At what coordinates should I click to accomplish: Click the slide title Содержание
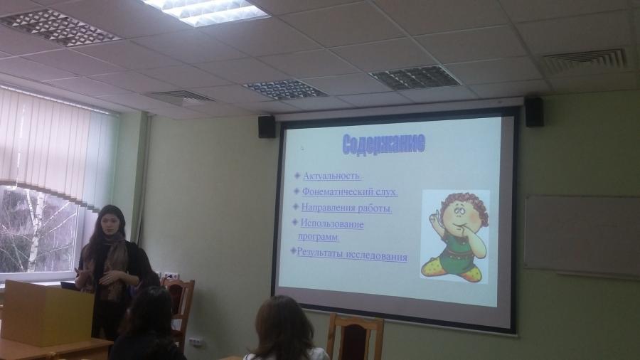click(x=384, y=144)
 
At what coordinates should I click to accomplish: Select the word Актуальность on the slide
click(x=331, y=176)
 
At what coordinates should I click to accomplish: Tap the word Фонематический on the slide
click(x=332, y=191)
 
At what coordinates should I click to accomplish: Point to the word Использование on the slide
click(x=332, y=223)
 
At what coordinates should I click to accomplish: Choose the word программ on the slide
click(x=318, y=236)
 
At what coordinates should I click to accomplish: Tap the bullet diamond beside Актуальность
click(x=297, y=176)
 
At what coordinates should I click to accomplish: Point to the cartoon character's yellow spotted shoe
click(x=465, y=273)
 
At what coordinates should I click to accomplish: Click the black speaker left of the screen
click(x=267, y=127)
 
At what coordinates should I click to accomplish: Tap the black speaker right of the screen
click(x=534, y=112)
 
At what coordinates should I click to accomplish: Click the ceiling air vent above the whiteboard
click(x=585, y=61)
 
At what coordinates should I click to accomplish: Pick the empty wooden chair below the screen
click(x=354, y=337)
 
